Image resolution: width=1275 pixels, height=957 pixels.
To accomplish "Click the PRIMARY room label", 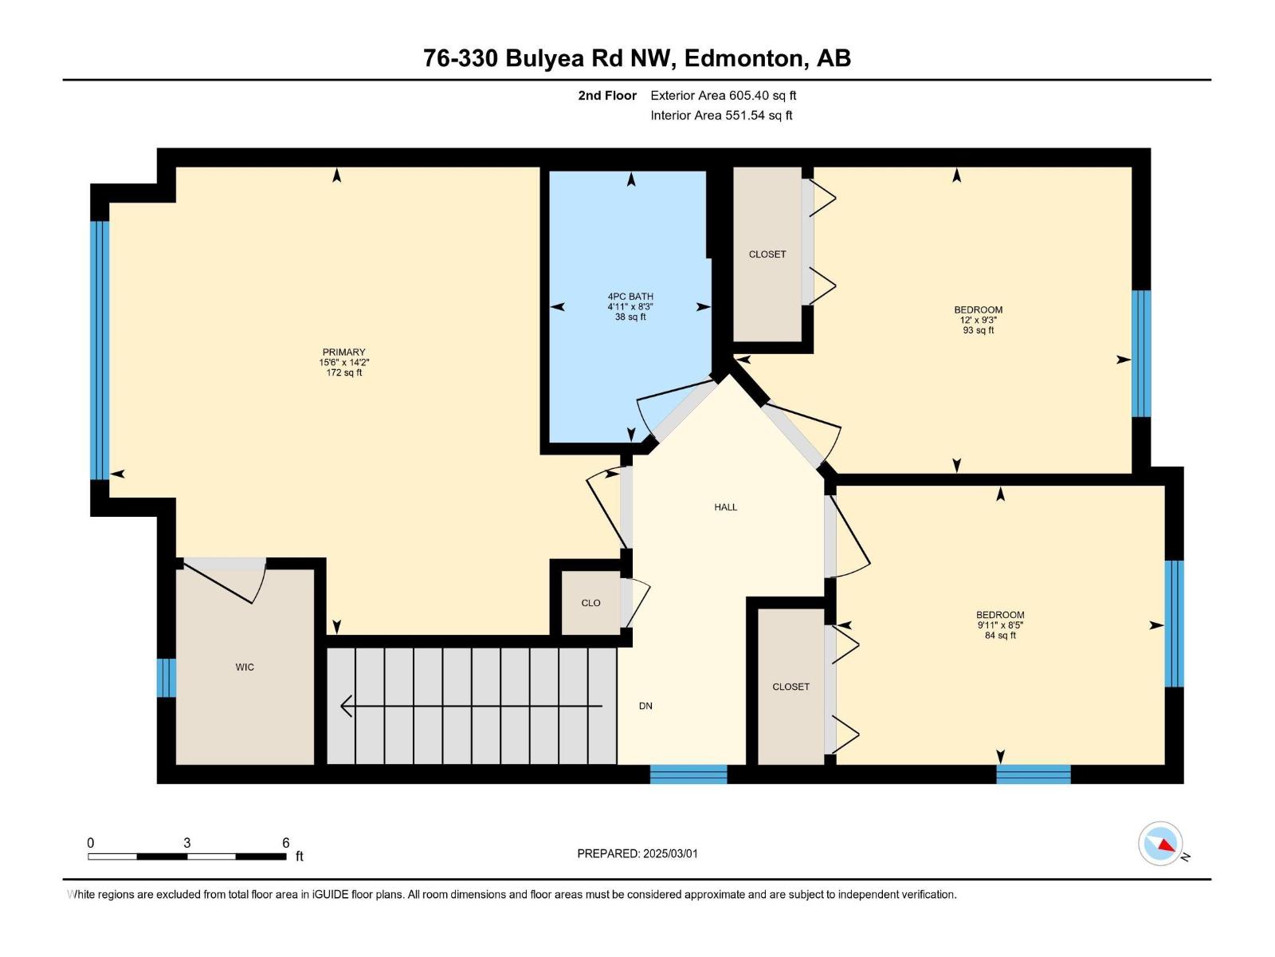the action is (344, 352).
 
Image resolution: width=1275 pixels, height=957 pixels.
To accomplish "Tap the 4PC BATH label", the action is (630, 297).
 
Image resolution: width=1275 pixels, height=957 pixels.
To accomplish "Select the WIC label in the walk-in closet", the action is (245, 667).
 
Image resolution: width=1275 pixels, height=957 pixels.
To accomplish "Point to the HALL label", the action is (725, 507).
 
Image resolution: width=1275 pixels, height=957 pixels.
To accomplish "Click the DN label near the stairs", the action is (645, 706).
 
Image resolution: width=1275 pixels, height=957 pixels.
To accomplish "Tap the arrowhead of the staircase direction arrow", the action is (346, 706).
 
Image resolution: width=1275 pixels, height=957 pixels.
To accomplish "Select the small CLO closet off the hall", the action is (590, 603).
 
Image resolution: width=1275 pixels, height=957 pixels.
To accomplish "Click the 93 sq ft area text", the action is (979, 330).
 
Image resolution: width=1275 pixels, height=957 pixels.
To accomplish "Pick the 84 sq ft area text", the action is (1000, 635).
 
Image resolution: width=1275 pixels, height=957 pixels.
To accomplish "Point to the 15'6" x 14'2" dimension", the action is (344, 362).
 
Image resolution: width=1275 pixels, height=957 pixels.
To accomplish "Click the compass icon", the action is (1160, 844).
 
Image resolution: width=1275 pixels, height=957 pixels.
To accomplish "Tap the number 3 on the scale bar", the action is (187, 843).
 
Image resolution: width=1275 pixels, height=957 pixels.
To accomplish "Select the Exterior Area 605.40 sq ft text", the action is (724, 95).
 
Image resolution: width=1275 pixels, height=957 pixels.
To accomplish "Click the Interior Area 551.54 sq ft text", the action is (721, 115).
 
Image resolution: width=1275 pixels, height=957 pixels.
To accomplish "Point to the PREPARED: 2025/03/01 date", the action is (637, 853).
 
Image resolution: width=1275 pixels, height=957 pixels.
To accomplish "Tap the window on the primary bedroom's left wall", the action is (100, 350).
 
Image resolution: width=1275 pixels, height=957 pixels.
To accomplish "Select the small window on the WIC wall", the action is (166, 678).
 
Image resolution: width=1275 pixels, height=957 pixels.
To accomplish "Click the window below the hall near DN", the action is (688, 774).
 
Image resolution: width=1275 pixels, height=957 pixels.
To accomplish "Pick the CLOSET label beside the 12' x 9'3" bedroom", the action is (767, 254).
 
